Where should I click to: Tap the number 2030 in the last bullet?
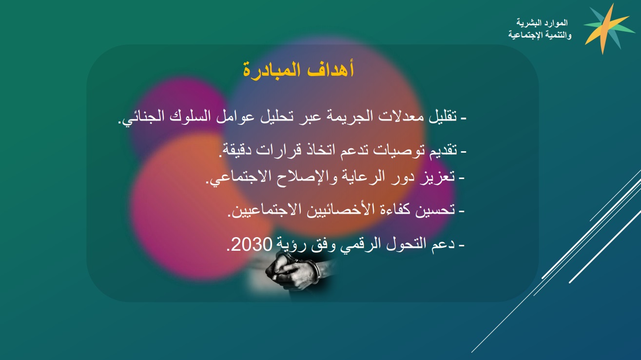coord(252,244)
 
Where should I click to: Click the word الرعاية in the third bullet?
coord(355,177)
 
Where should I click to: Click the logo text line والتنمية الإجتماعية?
coord(540,35)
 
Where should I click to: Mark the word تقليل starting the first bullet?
coord(443,117)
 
